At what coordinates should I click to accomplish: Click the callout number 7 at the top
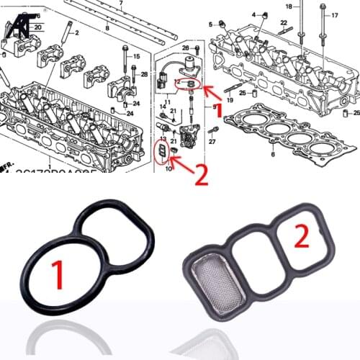pos(121,4)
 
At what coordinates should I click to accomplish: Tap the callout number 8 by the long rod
pos(107,28)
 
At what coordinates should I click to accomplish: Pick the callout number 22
pos(284,23)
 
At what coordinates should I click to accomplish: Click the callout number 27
pos(212,142)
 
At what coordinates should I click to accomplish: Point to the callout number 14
pos(162,105)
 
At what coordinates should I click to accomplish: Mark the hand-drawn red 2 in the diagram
pos(201,175)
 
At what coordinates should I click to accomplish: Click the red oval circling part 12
pos(188,84)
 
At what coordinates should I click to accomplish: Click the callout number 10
pos(168,170)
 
